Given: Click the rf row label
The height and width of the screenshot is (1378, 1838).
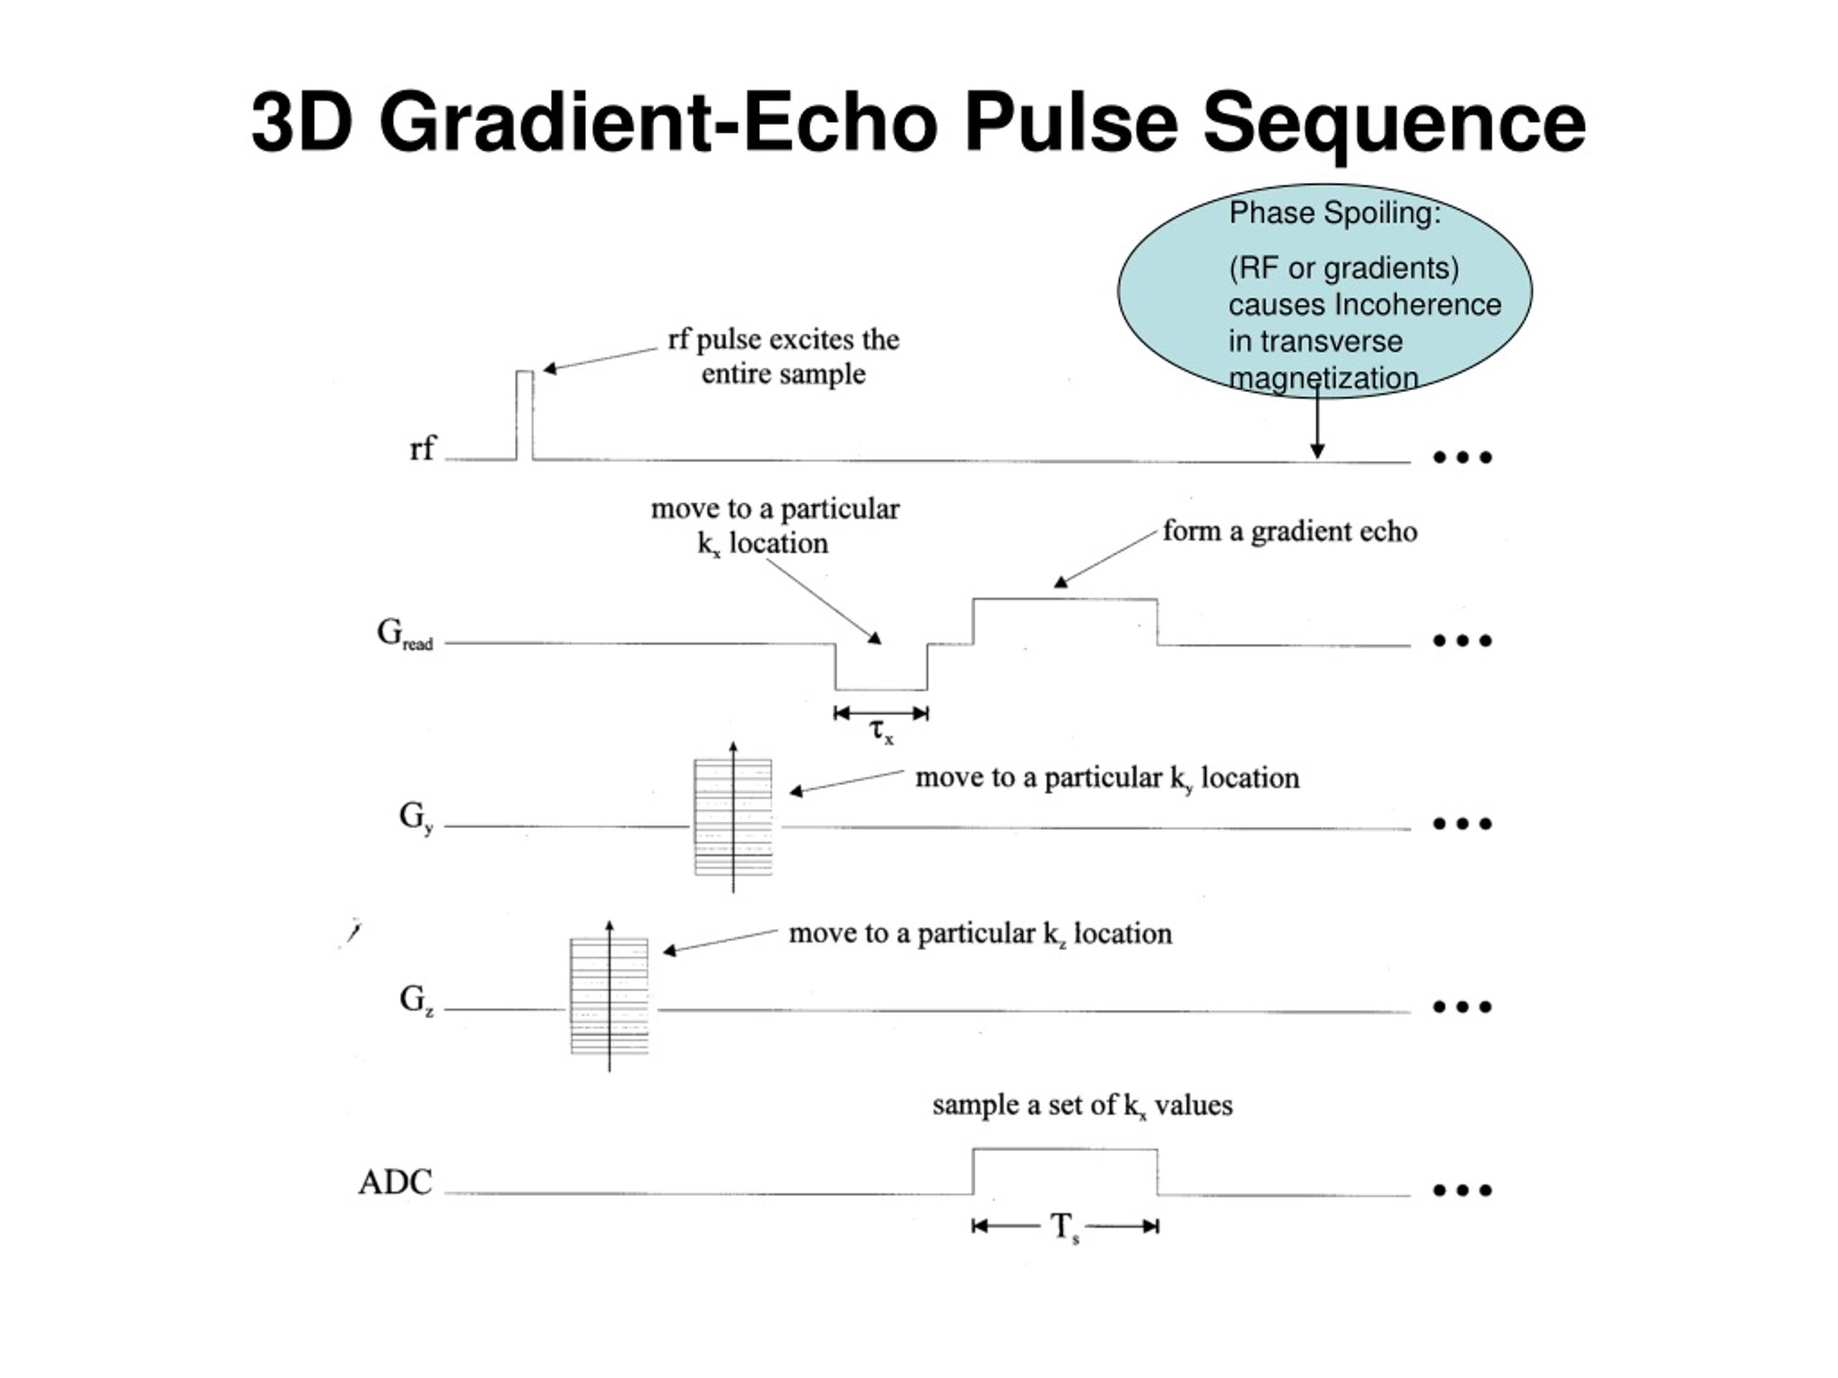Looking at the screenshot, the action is (x=422, y=449).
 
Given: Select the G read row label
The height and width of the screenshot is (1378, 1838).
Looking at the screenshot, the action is (x=405, y=634).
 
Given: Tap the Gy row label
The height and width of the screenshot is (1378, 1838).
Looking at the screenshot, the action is (x=416, y=818).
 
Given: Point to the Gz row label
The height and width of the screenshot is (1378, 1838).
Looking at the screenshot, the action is (x=416, y=1000).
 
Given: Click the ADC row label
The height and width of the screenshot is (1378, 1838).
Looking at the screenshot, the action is (x=396, y=1182).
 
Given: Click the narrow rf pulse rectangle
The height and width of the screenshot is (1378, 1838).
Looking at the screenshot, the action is (x=525, y=416).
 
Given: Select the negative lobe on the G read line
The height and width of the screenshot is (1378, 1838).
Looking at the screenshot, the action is (x=882, y=666).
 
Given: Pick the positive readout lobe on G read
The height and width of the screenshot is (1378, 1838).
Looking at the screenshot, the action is (x=1065, y=622).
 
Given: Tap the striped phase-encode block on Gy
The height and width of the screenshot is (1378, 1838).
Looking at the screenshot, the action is (x=733, y=817).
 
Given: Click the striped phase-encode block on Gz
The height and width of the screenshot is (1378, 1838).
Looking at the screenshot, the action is (x=609, y=996).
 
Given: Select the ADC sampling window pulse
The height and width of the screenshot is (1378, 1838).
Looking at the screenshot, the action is (x=1065, y=1172).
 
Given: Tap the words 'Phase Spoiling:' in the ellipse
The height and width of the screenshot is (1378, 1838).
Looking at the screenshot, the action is (x=1335, y=213).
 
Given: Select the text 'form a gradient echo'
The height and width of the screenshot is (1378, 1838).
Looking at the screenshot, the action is (x=1289, y=532).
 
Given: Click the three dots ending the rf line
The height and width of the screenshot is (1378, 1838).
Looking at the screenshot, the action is (x=1463, y=457).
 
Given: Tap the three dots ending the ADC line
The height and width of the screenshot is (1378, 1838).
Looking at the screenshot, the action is (x=1463, y=1190).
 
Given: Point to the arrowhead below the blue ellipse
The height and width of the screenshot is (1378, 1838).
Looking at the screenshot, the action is (x=1317, y=451).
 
